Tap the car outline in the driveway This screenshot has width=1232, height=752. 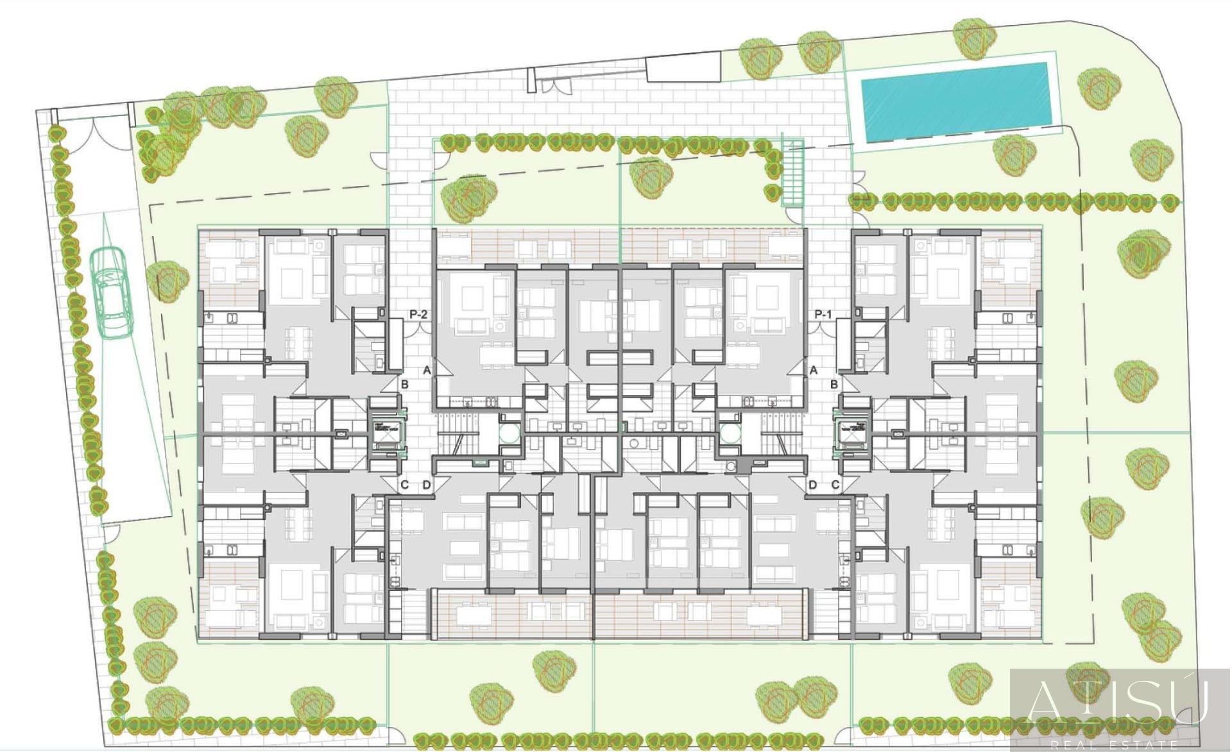(110, 292)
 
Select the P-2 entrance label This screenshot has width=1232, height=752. (418, 315)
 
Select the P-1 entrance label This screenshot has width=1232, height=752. (824, 315)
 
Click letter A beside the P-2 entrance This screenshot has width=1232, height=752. (427, 370)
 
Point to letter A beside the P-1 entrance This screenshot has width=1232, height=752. (814, 370)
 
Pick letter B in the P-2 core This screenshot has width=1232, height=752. (405, 385)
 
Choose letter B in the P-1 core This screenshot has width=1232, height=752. (834, 385)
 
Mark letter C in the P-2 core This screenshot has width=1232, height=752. (405, 485)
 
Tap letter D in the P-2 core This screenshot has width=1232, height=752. (427, 485)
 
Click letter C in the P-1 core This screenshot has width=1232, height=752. (835, 485)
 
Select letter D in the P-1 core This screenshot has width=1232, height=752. (812, 485)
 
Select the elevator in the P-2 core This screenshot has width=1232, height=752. (385, 434)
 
